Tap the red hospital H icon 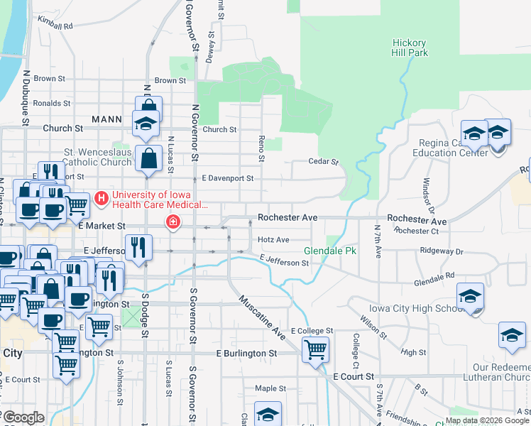point(102,197)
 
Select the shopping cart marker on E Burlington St point(314,349)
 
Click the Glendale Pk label point(329,251)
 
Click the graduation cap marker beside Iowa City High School point(470,297)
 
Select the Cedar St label point(323,162)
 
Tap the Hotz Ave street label point(273,240)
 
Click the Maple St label point(270,388)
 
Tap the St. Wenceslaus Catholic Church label point(97,157)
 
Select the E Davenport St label point(227,178)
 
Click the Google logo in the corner point(23,417)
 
